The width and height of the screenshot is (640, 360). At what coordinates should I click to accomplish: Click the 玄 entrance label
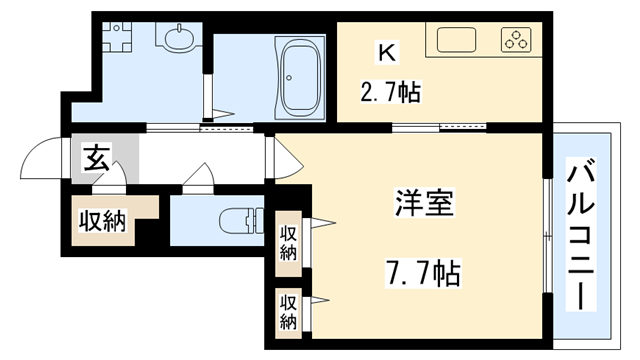click(x=96, y=157)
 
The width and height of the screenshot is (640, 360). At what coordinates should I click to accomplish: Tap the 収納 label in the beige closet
click(x=102, y=221)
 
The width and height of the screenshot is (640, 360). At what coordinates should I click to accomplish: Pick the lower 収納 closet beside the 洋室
click(x=289, y=311)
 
